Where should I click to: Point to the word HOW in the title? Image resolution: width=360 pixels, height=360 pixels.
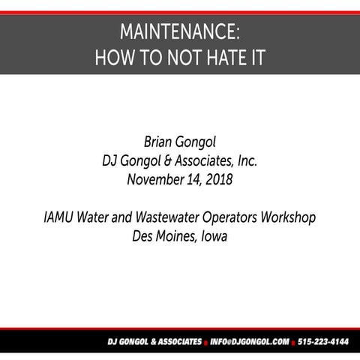tap(112, 58)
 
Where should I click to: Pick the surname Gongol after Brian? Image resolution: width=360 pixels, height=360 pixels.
tap(202, 142)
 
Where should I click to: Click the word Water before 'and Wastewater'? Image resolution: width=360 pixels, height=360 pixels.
tap(100, 217)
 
